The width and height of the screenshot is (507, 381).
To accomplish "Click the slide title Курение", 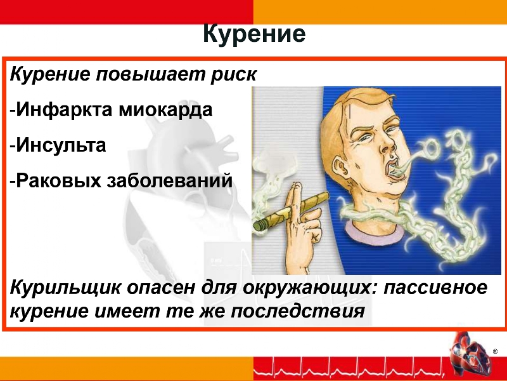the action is coord(254,34).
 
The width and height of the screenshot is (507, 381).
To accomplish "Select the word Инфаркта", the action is coord(65,109).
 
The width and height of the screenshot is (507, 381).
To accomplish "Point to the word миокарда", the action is coord(165,110).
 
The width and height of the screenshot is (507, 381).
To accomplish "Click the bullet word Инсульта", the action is coord(61,145).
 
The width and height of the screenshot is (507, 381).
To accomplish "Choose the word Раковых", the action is coord(59,180).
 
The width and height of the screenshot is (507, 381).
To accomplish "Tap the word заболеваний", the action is coord(170,180).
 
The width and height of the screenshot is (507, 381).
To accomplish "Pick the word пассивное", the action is coord(435,288).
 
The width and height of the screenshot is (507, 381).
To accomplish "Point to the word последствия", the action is coord(298,312).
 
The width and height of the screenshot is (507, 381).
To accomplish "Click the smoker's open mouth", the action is coord(394,170).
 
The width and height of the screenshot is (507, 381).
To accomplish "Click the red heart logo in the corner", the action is coord(469,352).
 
